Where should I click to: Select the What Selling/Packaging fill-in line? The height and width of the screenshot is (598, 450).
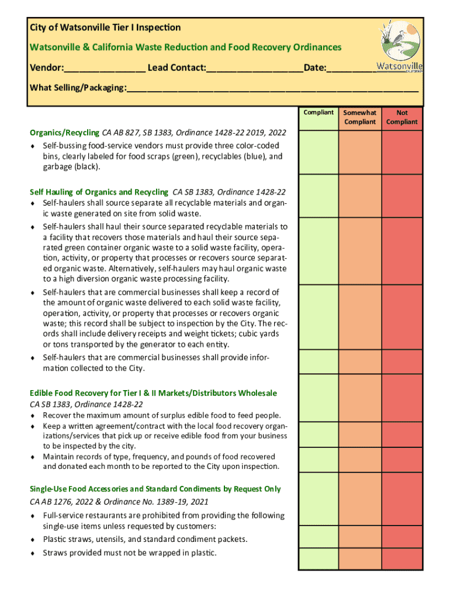pos(272,89)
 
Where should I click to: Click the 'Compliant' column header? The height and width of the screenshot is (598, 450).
pos(319,113)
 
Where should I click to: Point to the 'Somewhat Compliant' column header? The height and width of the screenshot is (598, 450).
pos(360,117)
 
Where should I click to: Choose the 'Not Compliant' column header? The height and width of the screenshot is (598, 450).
pos(402,117)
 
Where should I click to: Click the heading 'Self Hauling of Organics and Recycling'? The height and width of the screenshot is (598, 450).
pos(99,192)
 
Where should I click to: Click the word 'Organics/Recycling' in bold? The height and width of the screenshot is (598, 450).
pos(65,133)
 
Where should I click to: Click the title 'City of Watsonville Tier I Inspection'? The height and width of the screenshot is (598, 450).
pos(105,27)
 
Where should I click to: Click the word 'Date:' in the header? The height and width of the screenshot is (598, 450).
pos(315,68)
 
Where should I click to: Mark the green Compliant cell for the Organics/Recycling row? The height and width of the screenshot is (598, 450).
pos(319,152)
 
